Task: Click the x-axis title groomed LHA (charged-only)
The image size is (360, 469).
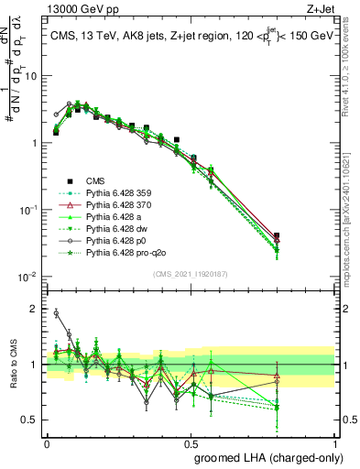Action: click(x=265, y=456)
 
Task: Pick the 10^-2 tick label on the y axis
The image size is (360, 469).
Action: click(x=29, y=277)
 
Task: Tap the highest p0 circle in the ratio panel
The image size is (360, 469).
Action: click(x=56, y=313)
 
